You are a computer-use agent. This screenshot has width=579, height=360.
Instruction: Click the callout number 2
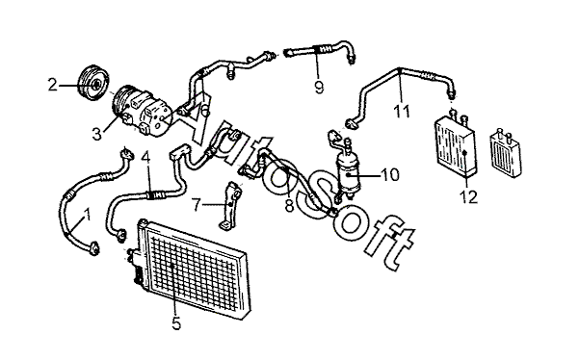tap(53, 86)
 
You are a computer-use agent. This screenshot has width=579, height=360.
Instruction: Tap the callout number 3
tap(96, 134)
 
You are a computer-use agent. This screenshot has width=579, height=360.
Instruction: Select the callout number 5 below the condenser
tap(176, 323)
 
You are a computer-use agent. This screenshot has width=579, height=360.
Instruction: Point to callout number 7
tap(197, 205)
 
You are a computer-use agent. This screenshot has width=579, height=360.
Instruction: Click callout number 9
tap(319, 87)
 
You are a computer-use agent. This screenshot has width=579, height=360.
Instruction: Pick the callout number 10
tap(389, 175)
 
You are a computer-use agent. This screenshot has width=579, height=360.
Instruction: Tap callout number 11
tap(402, 111)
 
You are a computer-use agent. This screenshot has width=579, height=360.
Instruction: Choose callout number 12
tap(469, 197)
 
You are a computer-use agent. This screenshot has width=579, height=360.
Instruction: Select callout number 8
tap(289, 206)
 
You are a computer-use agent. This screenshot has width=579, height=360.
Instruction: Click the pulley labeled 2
tap(93, 84)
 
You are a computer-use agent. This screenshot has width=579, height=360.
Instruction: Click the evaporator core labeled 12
tap(456, 146)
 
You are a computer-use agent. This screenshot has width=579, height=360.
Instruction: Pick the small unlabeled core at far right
tap(505, 153)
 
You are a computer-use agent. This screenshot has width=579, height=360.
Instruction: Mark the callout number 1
tap(87, 214)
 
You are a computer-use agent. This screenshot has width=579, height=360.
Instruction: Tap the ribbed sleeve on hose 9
tap(322, 48)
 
